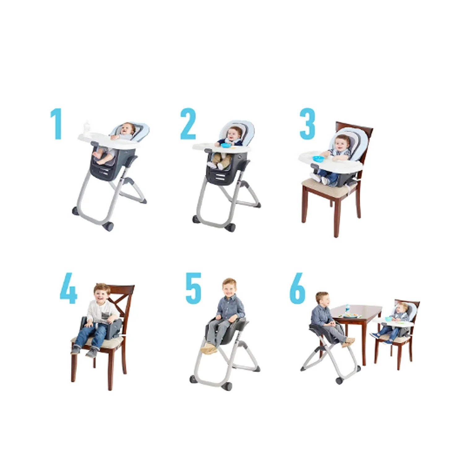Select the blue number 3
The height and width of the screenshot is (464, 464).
(307, 124)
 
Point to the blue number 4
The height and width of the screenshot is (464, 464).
(69, 288)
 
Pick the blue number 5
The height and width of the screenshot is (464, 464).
(193, 288)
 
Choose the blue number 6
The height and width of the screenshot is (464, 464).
(297, 288)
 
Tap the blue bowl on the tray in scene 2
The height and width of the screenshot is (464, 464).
(226, 145)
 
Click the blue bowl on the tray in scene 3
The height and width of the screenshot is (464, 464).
(318, 159)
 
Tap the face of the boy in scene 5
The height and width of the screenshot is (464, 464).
(229, 288)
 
